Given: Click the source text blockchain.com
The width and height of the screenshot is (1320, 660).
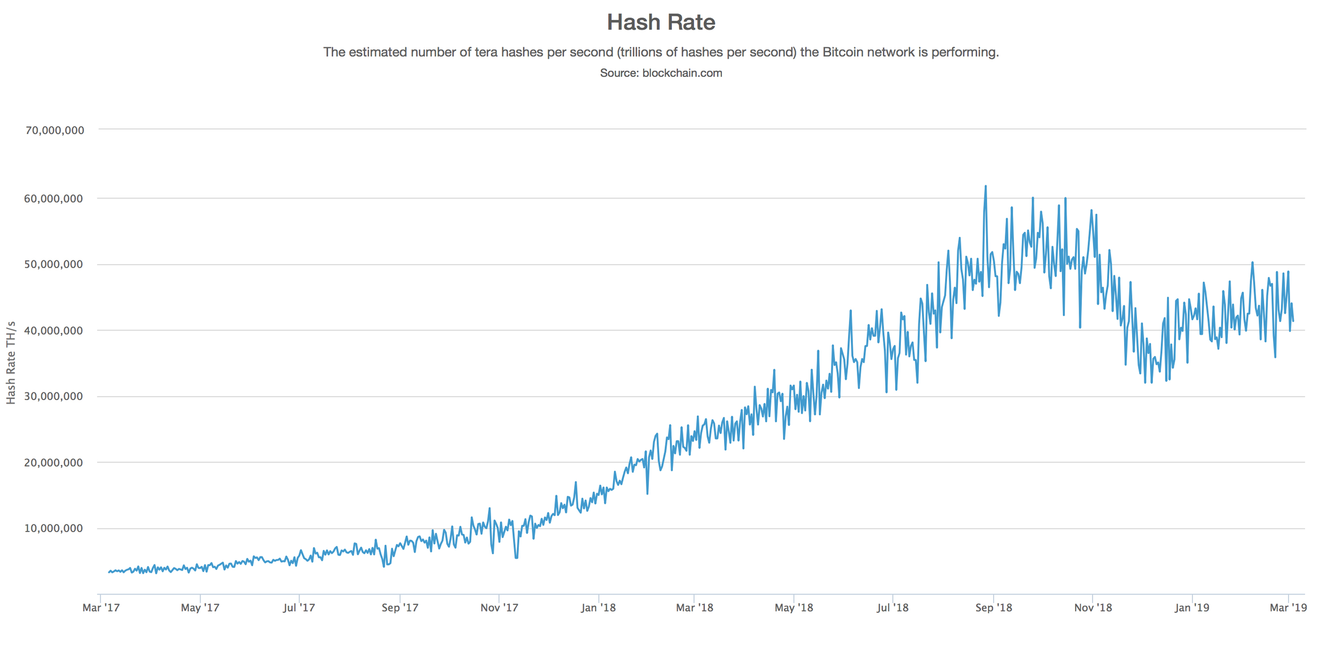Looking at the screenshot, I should [x=682, y=73].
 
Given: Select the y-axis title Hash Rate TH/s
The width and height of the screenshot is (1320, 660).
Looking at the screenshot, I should [x=11, y=363].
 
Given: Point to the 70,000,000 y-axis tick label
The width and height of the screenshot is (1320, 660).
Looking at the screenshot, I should [x=55, y=131].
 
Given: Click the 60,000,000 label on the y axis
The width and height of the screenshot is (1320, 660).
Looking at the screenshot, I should [x=53, y=199].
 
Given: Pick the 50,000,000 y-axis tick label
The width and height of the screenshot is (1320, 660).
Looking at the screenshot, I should [x=53, y=264].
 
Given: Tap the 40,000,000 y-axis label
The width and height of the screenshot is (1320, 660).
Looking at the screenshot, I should [x=53, y=330].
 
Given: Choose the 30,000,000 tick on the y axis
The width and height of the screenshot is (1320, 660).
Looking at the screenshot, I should [x=53, y=396].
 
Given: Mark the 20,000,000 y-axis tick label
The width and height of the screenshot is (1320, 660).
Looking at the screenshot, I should [x=53, y=463].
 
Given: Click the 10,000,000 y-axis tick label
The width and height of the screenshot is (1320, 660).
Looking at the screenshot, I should [x=53, y=528].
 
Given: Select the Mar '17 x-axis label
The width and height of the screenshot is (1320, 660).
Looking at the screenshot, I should [x=101, y=608].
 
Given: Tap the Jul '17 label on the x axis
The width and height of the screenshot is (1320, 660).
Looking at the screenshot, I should [x=299, y=608].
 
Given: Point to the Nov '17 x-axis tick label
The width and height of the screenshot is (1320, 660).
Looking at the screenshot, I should [x=499, y=608].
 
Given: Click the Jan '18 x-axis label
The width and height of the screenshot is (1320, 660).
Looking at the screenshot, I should [x=598, y=608].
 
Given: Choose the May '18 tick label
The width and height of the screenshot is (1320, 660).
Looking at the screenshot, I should [x=794, y=608].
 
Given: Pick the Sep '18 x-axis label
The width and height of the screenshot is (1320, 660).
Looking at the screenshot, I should [x=994, y=608].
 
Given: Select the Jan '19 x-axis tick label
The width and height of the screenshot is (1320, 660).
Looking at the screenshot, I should [x=1192, y=608].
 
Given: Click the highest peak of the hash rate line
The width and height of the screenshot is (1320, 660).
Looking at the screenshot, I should [x=985, y=186].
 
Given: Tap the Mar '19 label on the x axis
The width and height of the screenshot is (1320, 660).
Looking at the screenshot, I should [x=1288, y=608].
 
